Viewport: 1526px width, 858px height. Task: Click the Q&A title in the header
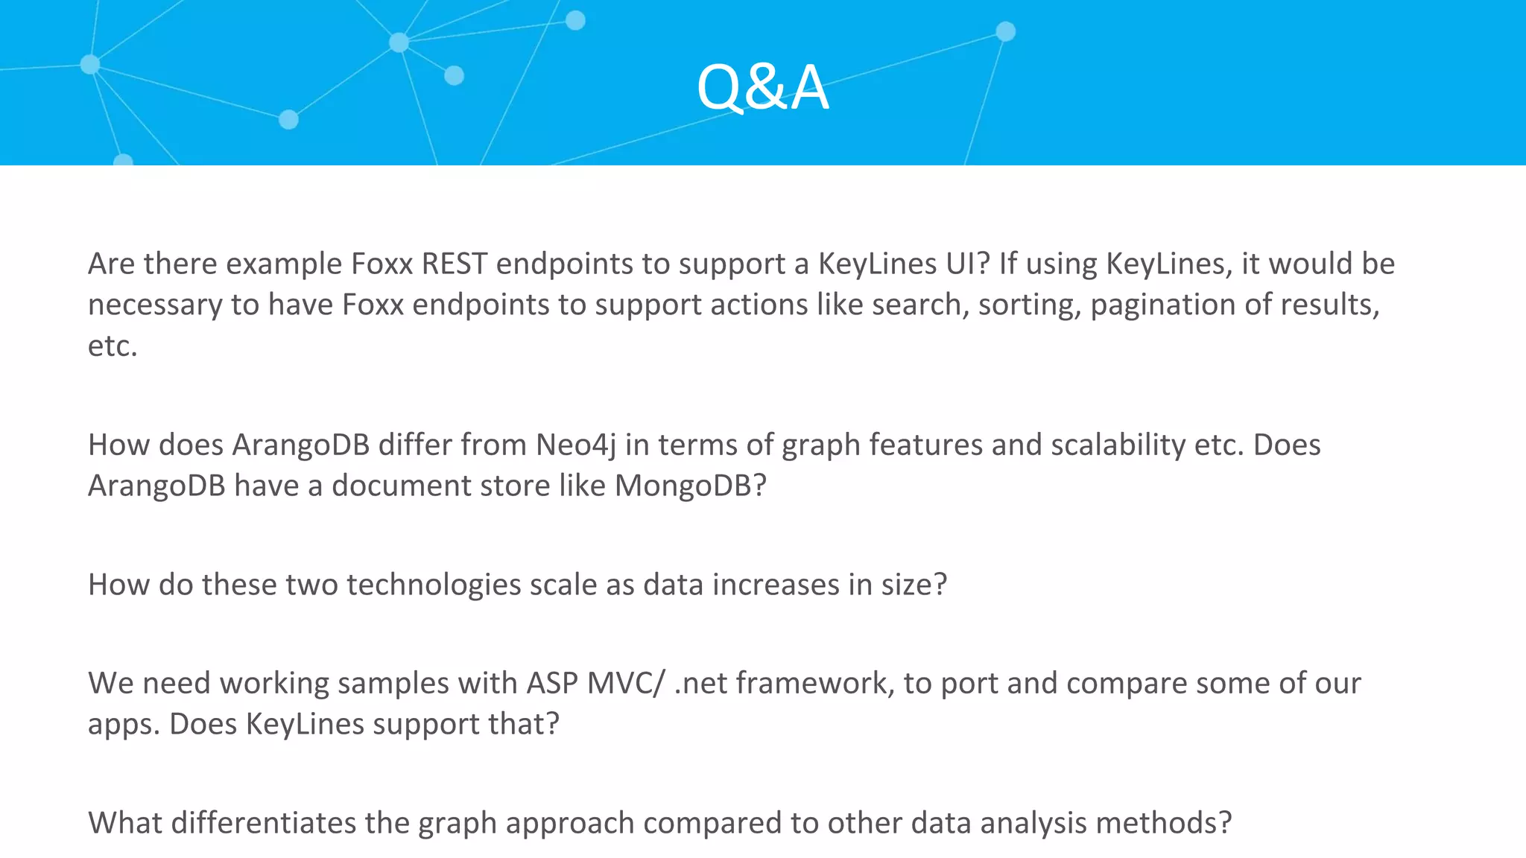tap(762, 88)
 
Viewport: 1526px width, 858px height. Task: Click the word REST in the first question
tap(454, 264)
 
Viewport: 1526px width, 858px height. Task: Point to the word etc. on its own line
tap(113, 346)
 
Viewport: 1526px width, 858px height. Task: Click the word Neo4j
tap(576, 445)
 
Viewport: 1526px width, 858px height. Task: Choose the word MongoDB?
tap(690, 486)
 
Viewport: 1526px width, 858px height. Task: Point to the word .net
tap(700, 683)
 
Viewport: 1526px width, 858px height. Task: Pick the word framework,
tap(815, 683)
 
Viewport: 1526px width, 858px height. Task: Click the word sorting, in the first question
tap(1030, 305)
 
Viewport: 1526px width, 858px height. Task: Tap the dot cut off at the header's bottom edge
tap(123, 160)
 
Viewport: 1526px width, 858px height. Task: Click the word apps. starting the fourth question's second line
tap(124, 724)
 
